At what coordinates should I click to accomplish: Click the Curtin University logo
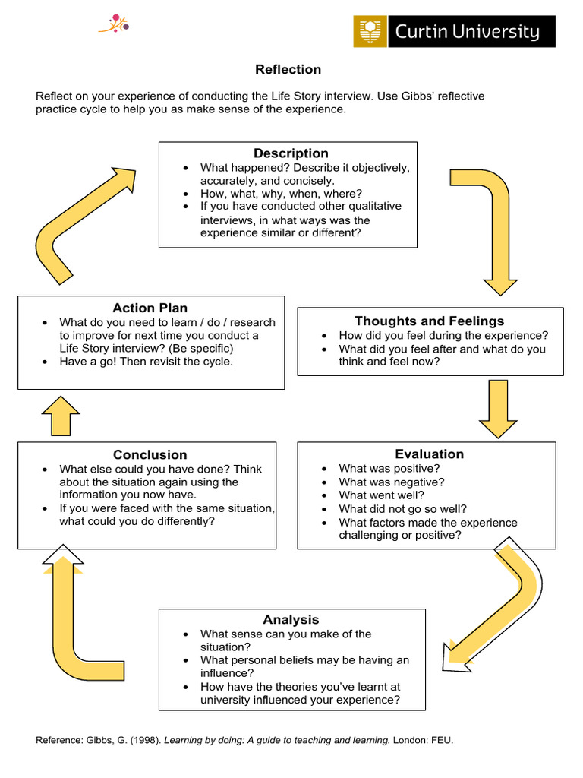(454, 32)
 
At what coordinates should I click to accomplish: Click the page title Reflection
(288, 70)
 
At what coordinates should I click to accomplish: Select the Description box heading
(291, 153)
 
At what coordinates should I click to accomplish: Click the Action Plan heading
(150, 308)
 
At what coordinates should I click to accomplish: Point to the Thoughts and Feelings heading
(429, 321)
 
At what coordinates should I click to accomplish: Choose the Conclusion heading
(150, 454)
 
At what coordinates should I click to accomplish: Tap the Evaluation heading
(429, 454)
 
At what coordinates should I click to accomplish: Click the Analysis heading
(291, 620)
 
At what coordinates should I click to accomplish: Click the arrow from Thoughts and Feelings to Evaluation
(498, 408)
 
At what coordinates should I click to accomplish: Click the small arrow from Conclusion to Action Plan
(61, 416)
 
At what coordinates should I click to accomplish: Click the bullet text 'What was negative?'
(392, 482)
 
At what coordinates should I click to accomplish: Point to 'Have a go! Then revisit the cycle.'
(147, 362)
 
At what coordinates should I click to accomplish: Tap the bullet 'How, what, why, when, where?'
(281, 194)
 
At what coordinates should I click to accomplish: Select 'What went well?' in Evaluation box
(381, 495)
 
